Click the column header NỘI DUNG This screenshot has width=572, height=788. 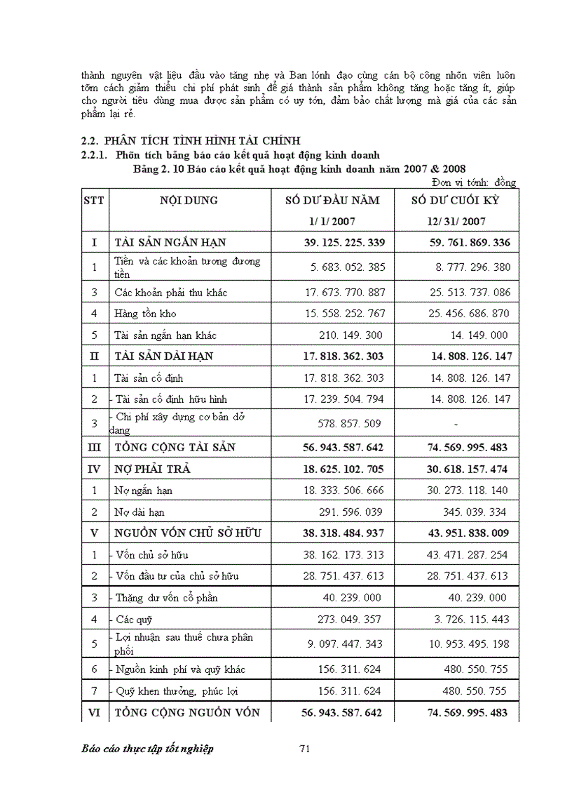click(x=189, y=201)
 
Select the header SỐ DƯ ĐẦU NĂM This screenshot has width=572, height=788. click(x=332, y=201)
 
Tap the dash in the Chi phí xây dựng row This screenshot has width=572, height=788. click(x=456, y=424)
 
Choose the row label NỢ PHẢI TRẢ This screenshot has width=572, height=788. click(x=153, y=469)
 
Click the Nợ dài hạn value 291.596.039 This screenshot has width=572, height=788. click(x=352, y=512)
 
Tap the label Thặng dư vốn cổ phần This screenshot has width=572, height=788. click(x=166, y=598)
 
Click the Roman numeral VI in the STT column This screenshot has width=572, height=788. click(x=94, y=713)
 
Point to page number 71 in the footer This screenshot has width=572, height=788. click(x=304, y=749)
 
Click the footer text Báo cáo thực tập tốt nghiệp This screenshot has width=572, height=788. click(x=147, y=749)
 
